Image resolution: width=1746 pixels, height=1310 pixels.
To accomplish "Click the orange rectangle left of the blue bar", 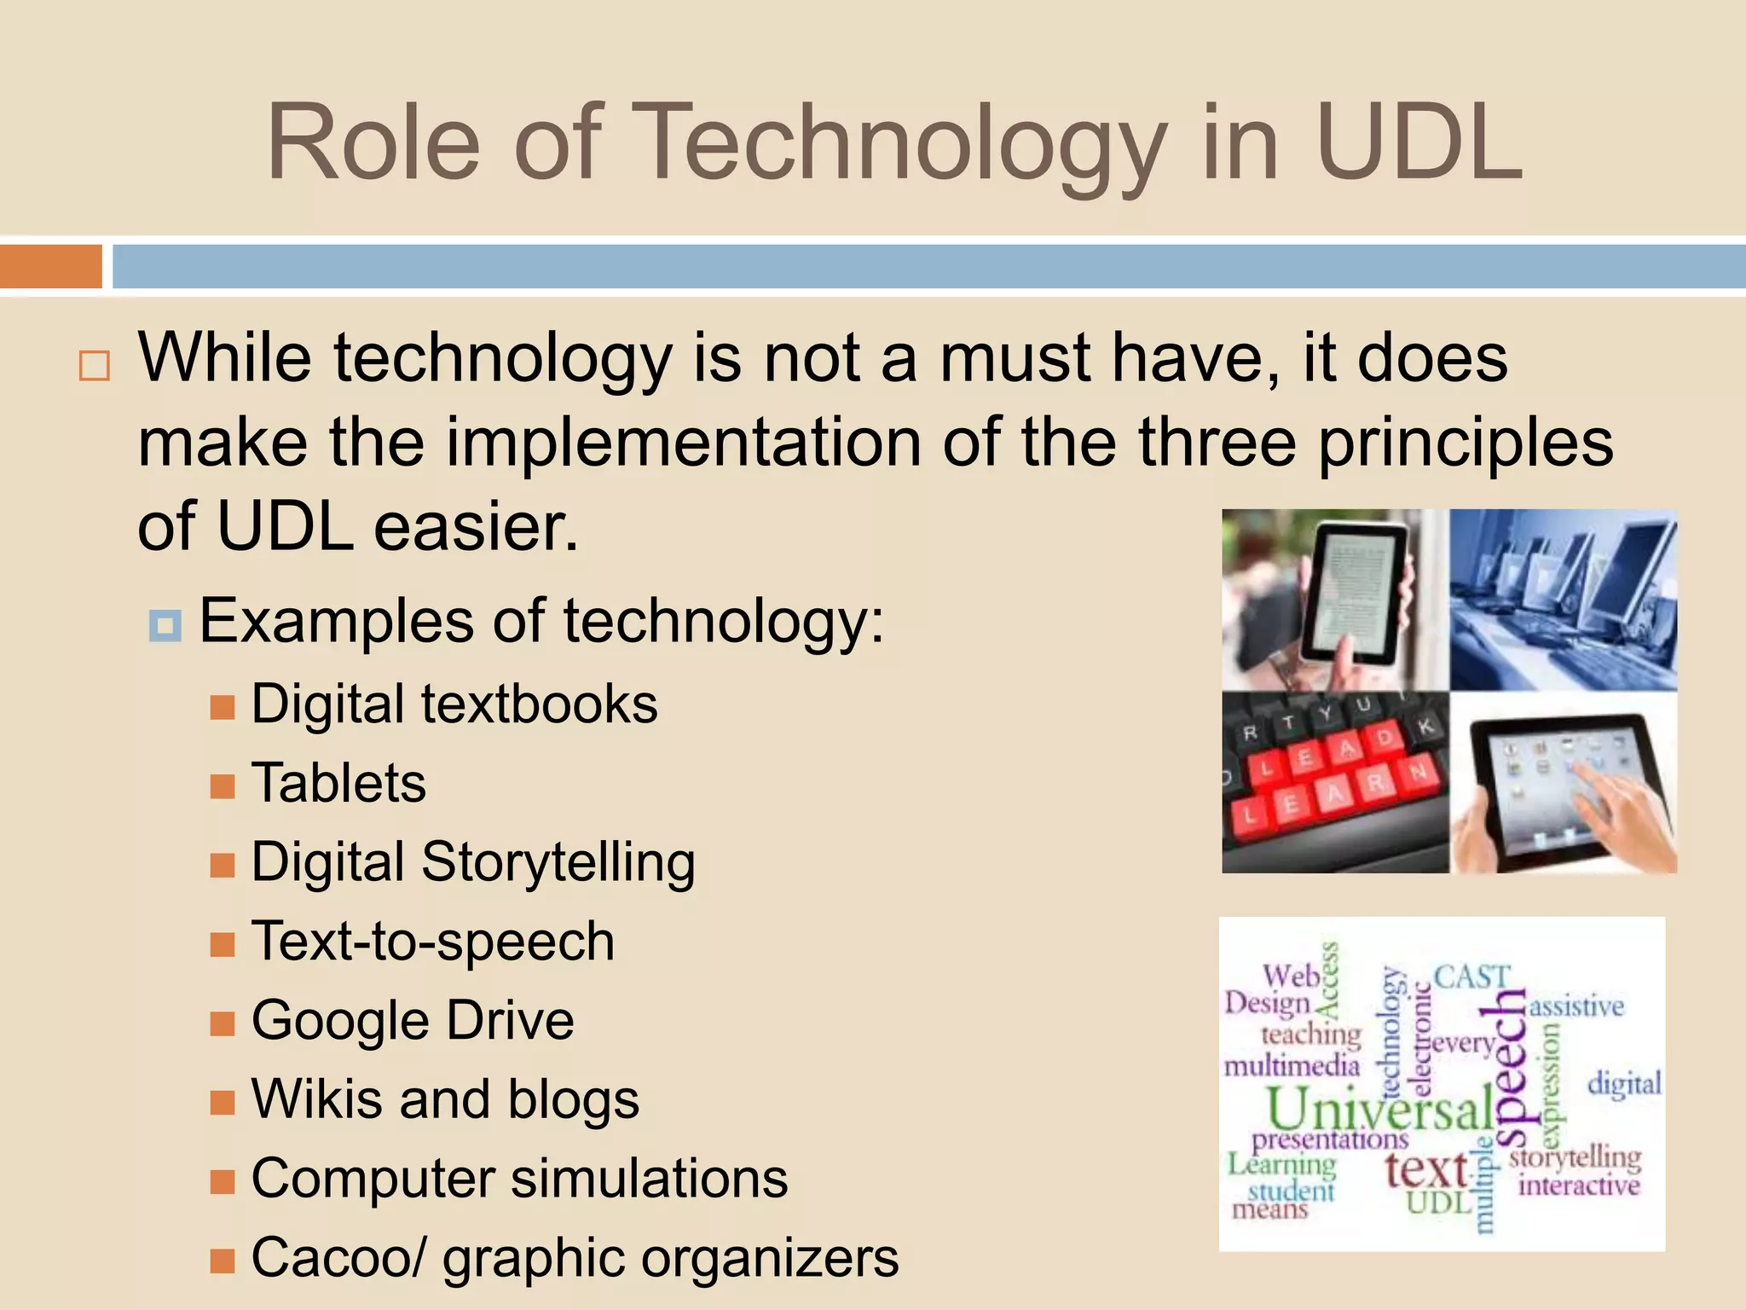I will (x=50, y=266).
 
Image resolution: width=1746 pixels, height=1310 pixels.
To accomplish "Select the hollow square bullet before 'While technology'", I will (x=94, y=366).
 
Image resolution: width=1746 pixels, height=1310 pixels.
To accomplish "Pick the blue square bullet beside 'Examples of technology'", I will (x=165, y=625).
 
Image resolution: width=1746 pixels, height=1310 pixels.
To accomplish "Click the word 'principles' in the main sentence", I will (x=1466, y=443).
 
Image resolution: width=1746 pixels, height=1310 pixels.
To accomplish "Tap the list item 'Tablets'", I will (x=338, y=783).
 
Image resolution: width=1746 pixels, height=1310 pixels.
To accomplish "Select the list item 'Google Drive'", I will (x=413, y=1020).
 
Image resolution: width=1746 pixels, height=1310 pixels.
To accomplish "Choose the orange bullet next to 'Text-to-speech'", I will (x=223, y=944).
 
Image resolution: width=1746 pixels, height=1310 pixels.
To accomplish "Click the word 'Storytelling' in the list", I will (x=558, y=862).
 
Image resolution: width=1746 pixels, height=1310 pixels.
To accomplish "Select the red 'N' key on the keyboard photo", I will (x=1418, y=772).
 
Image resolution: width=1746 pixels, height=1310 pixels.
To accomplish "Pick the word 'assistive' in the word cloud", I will (x=1576, y=1007).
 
